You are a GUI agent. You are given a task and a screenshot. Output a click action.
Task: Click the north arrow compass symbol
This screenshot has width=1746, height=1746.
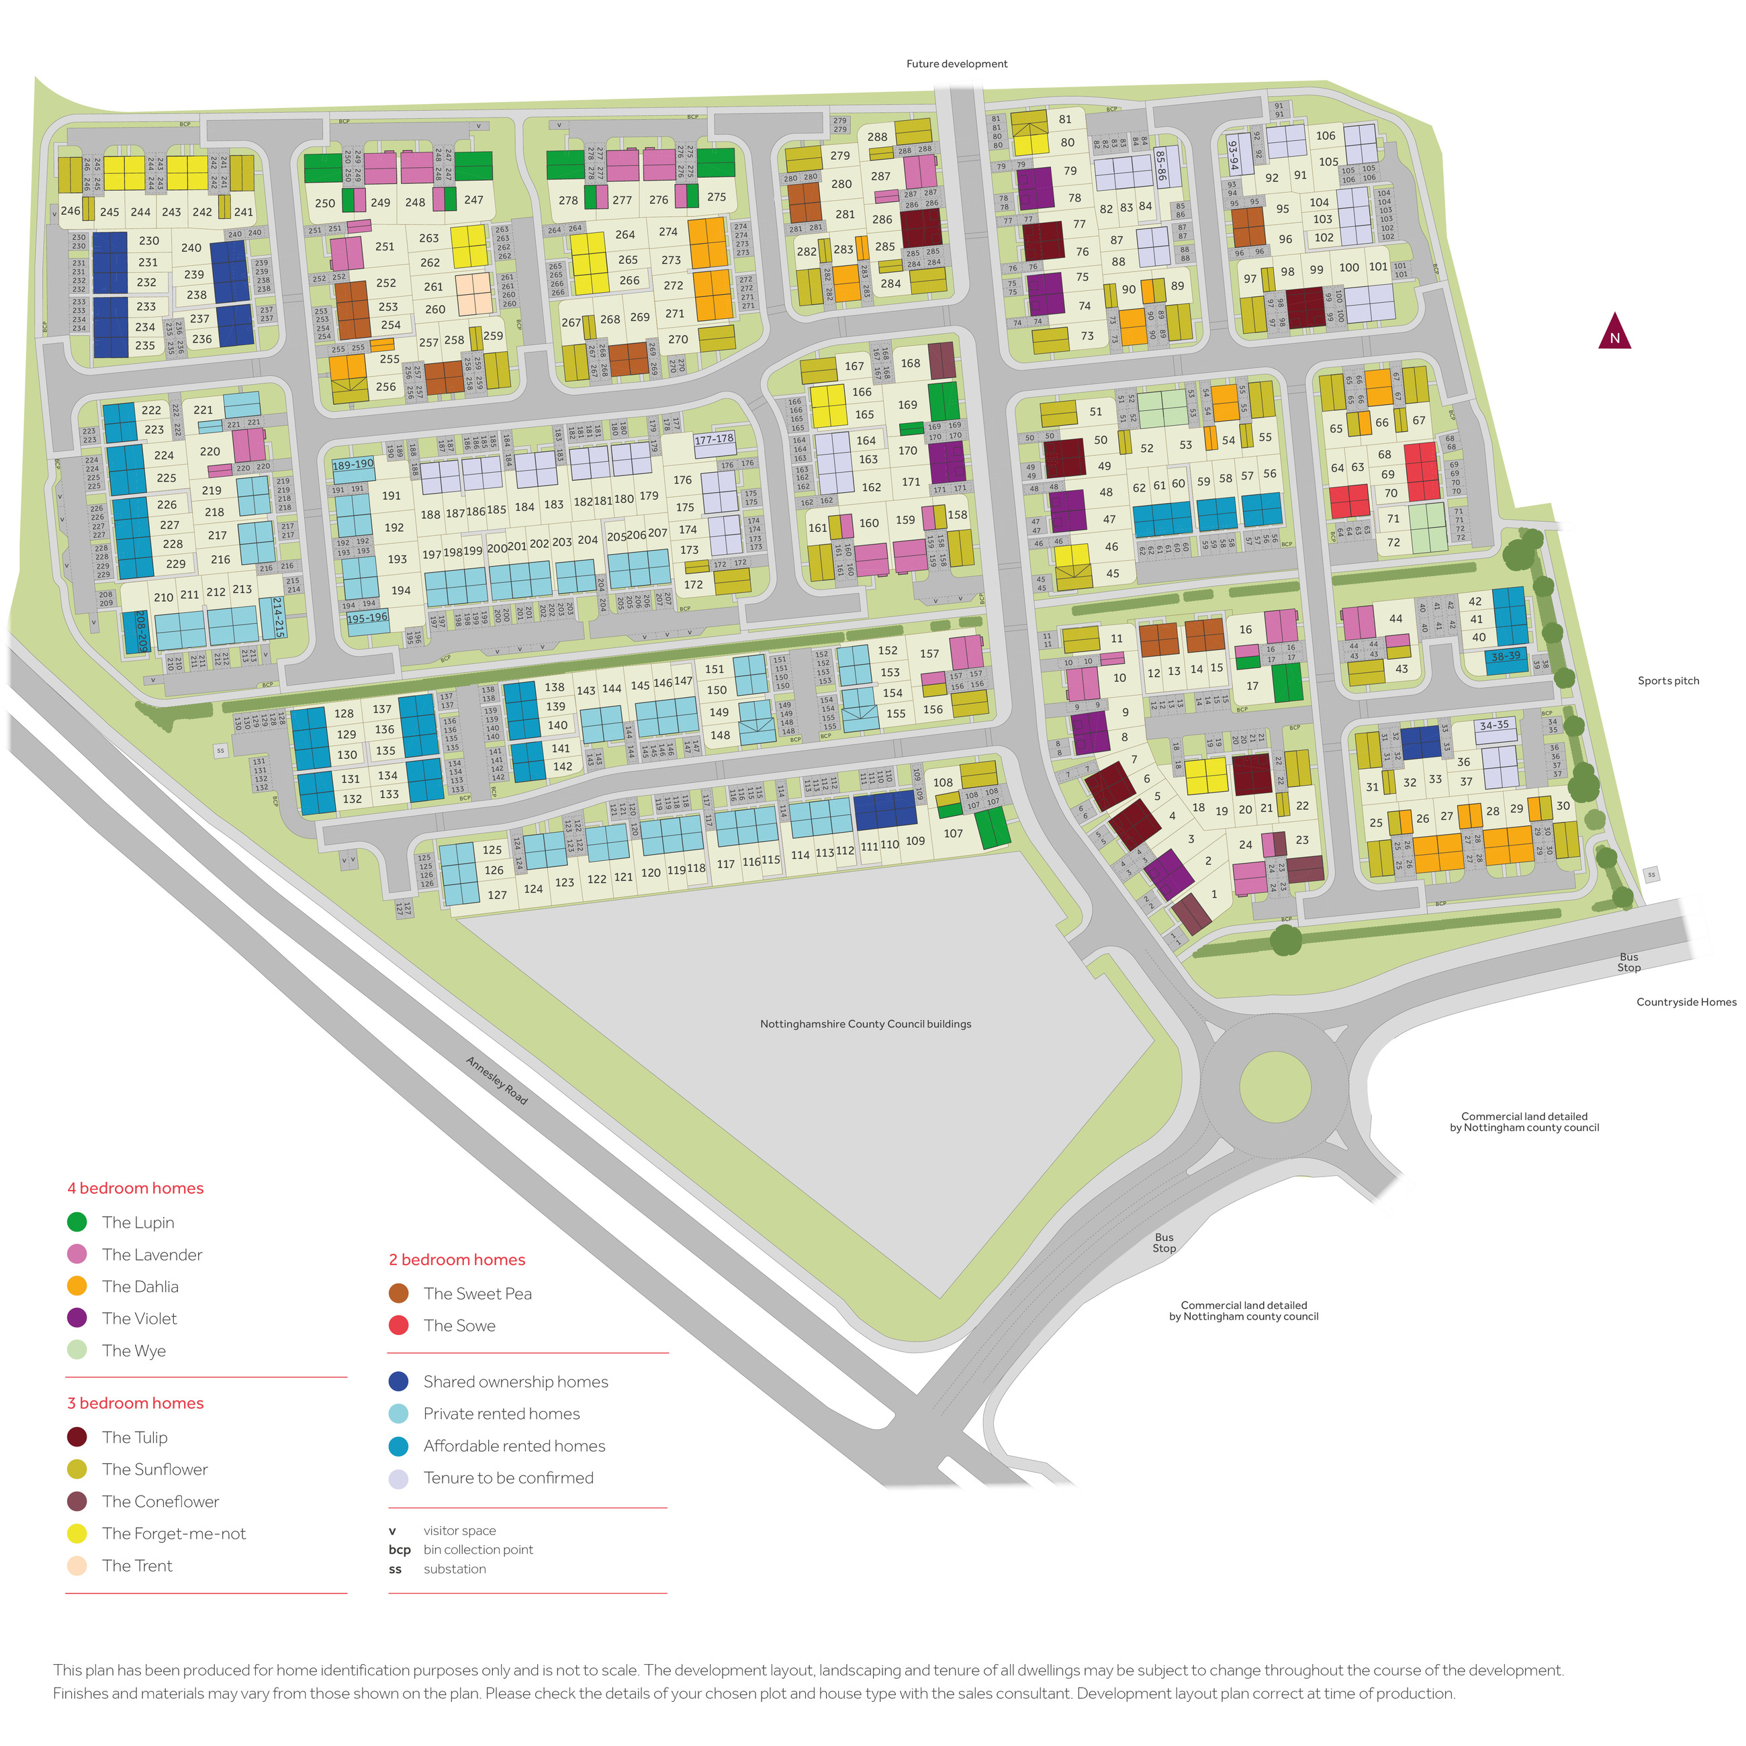tap(1614, 332)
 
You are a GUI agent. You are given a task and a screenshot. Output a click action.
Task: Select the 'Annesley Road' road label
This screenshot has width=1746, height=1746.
tap(496, 1080)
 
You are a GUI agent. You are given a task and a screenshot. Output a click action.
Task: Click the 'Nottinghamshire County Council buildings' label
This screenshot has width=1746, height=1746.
tap(865, 1024)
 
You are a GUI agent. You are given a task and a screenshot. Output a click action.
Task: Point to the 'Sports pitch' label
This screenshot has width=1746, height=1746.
tap(1667, 680)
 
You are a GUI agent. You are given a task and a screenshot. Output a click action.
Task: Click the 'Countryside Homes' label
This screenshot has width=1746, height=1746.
tap(1686, 1001)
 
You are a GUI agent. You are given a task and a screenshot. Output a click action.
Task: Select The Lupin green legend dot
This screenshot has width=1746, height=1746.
tap(77, 1222)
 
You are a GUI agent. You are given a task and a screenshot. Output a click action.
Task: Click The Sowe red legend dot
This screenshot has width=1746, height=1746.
tap(398, 1325)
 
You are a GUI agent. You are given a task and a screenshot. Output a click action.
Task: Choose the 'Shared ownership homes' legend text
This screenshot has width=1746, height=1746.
tap(515, 1381)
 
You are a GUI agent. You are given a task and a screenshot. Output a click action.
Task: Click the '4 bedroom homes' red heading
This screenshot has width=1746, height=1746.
tap(136, 1187)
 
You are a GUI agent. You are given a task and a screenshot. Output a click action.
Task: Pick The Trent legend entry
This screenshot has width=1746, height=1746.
tap(136, 1565)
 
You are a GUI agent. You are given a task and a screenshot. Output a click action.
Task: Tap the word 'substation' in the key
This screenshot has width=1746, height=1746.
tap(455, 1569)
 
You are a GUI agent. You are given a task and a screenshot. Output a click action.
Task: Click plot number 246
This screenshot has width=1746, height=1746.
tap(71, 211)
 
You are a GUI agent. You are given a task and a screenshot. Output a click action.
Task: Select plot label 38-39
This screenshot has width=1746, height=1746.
tap(1506, 656)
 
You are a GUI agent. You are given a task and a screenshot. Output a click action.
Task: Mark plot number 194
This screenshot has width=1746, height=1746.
tap(400, 590)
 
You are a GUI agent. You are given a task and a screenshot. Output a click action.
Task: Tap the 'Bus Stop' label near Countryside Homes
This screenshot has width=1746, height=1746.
tap(1628, 962)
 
